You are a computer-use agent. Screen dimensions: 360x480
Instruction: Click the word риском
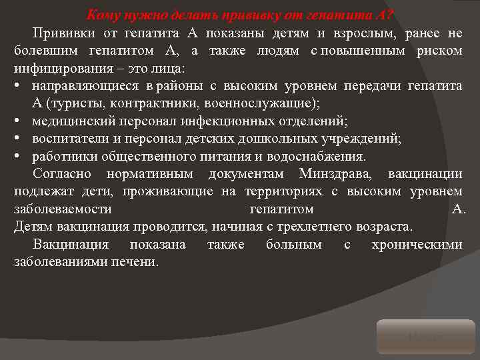(439, 51)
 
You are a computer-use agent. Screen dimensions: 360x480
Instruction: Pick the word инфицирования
(56, 69)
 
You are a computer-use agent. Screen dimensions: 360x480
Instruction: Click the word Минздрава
(329, 174)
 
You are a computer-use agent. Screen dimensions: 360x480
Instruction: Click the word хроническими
(417, 244)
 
